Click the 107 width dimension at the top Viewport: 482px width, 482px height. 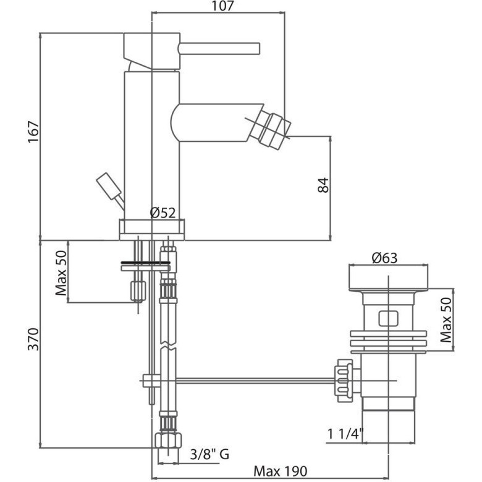(223, 6)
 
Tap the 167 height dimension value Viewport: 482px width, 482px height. (33, 132)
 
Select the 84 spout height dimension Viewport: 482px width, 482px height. (323, 185)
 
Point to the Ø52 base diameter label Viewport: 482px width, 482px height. (163, 213)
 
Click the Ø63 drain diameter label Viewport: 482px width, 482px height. (384, 258)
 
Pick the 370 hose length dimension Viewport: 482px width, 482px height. (33, 339)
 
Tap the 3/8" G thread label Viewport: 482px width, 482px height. (209, 454)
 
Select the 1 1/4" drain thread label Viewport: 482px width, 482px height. (345, 434)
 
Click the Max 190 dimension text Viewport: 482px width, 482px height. (280, 471)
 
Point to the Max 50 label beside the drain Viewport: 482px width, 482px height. (446, 320)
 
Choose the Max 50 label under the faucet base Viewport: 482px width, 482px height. (61, 273)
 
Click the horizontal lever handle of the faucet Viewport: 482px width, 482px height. (219, 49)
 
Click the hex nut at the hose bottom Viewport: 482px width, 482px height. (168, 441)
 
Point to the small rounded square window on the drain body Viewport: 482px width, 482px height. (389, 318)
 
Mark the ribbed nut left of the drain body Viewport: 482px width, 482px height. (344, 381)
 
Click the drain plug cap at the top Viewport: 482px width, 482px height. (389, 277)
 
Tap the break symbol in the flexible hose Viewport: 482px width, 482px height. (168, 346)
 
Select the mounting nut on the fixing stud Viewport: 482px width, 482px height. (138, 291)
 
